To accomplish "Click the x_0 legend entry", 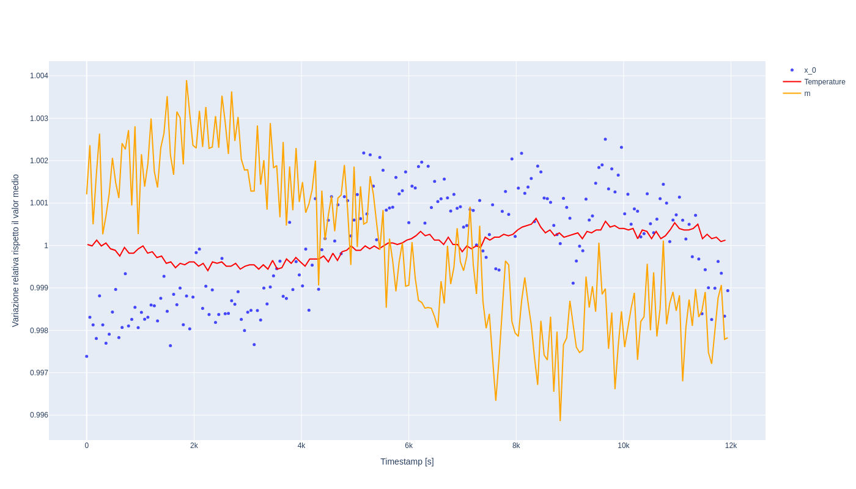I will (x=810, y=70).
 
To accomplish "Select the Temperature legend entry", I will (x=824, y=82).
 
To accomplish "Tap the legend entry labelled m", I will (x=807, y=94).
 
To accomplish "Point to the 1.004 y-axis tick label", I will (x=39, y=76).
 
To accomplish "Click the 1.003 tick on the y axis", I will (x=39, y=119).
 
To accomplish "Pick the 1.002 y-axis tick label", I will (x=39, y=161).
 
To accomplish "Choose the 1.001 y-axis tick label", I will (x=39, y=203).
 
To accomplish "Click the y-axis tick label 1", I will (x=46, y=246).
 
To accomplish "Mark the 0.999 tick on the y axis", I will (x=39, y=288).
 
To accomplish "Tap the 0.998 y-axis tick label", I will (x=39, y=331).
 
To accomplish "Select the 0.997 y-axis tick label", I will (x=39, y=373).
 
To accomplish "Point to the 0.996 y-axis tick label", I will (x=39, y=415).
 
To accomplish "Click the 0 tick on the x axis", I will (x=87, y=446).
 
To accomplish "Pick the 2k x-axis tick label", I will (x=194, y=446).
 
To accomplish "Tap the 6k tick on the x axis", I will (x=408, y=446).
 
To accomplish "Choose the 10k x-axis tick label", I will (x=624, y=446).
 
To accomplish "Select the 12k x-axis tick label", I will (x=731, y=446).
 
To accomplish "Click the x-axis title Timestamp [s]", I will (x=407, y=461).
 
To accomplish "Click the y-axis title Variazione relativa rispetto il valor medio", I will (x=16, y=251).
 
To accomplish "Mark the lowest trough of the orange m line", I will (x=560, y=421).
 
